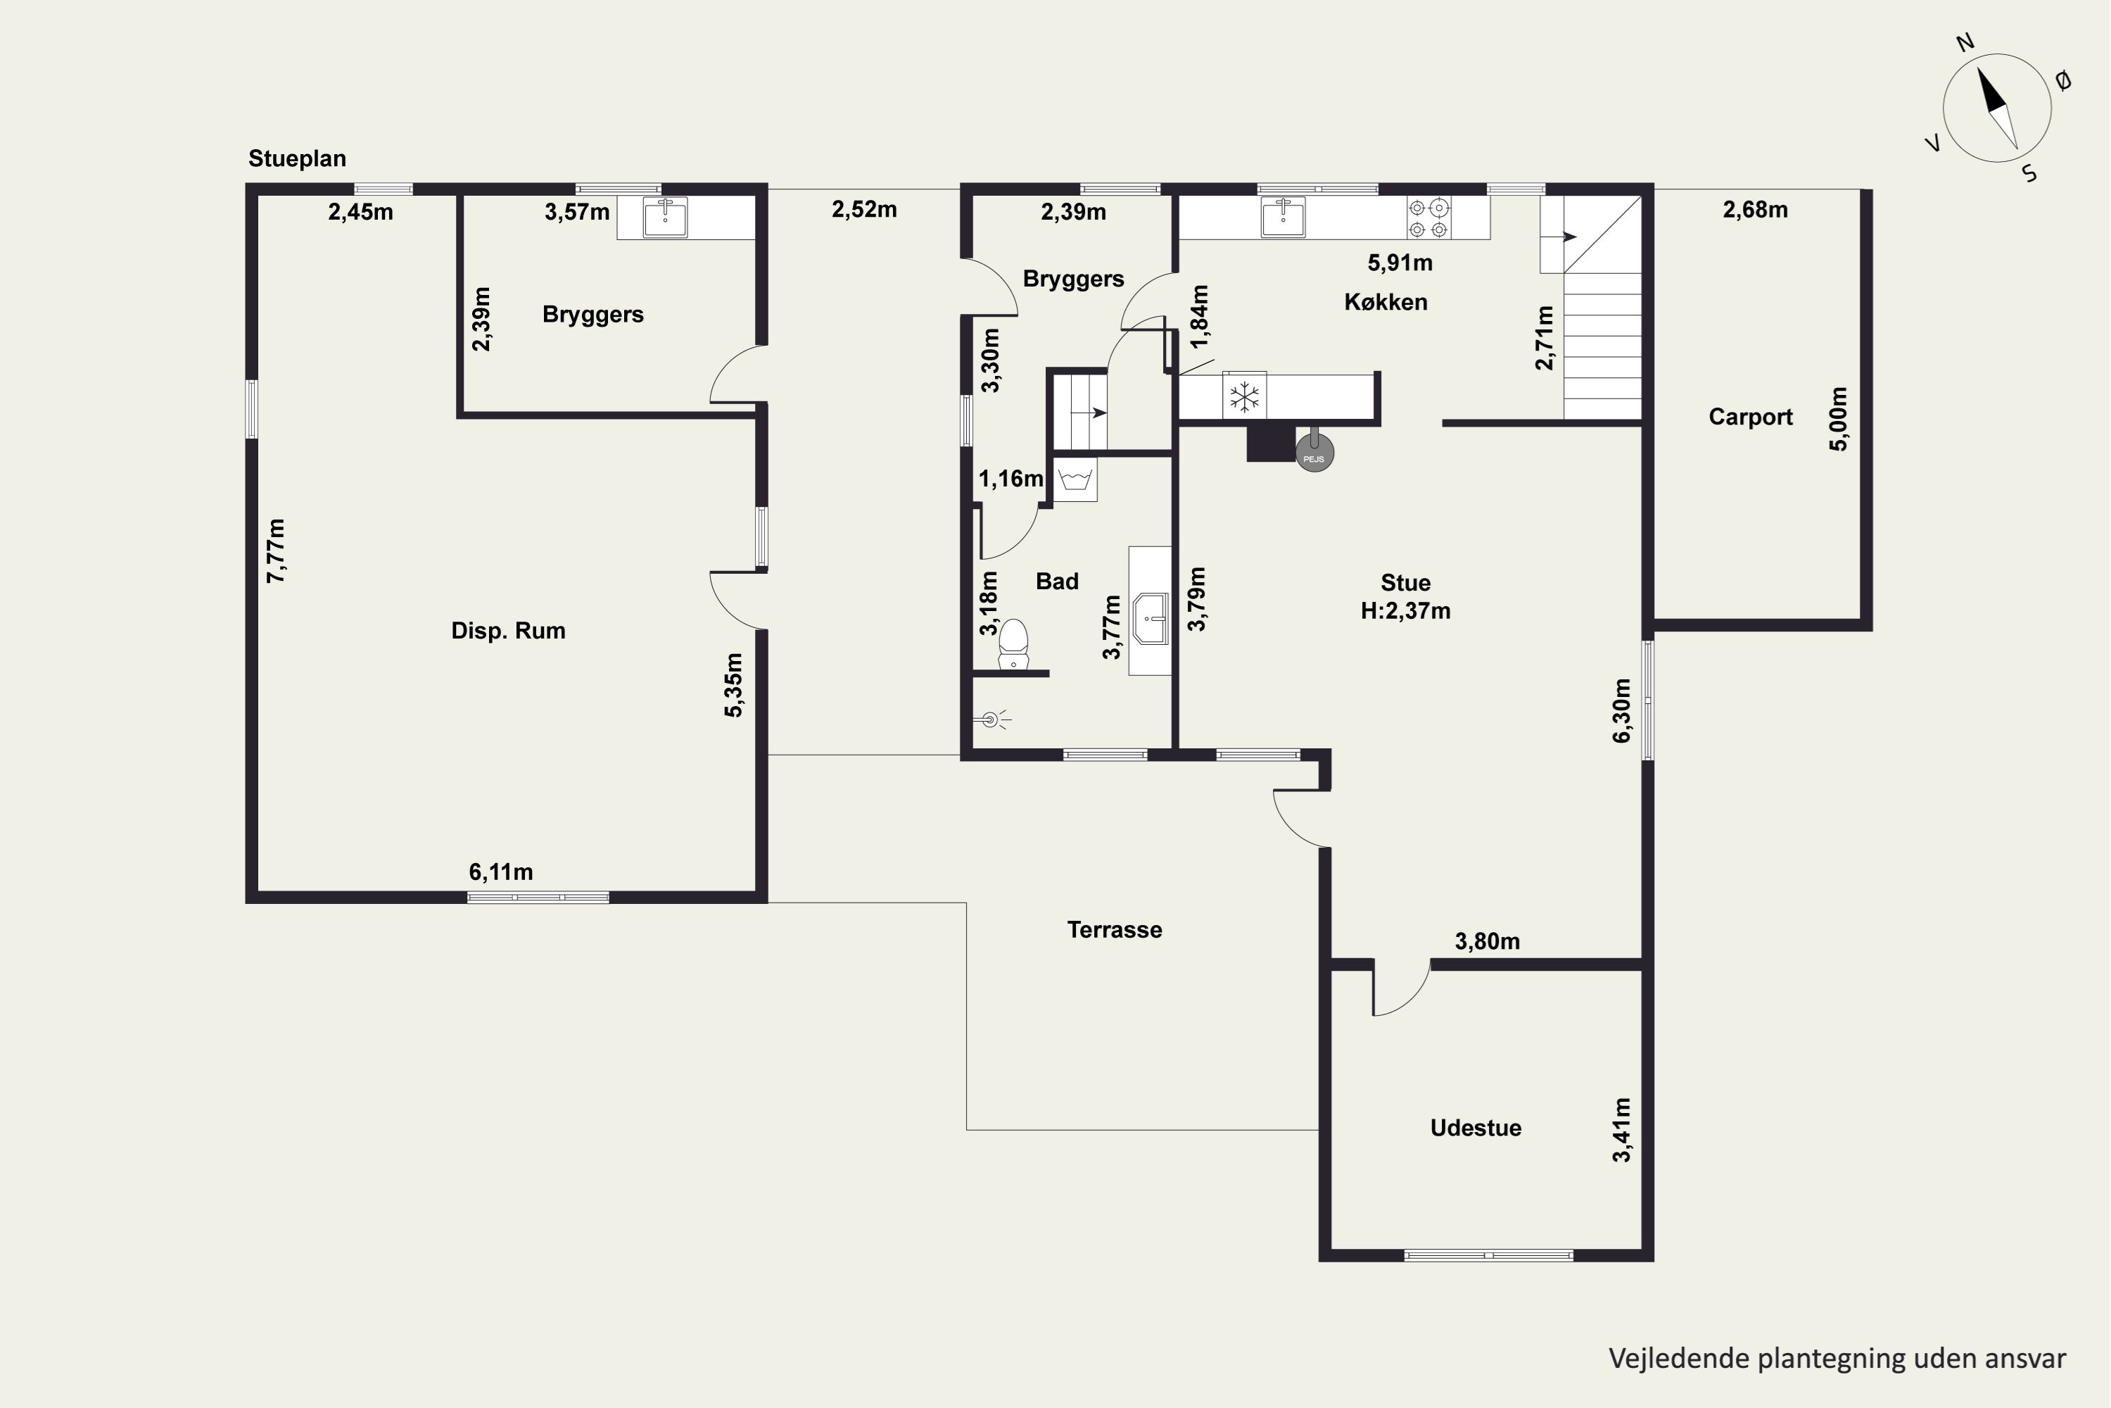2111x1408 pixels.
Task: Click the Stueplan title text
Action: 297,159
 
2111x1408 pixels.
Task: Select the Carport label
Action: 1750,417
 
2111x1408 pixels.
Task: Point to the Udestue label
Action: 1476,1128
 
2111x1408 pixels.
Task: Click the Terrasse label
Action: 1114,929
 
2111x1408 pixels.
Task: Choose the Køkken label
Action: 1385,302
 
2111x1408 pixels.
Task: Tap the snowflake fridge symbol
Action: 1244,396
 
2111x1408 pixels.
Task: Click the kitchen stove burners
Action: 1429,218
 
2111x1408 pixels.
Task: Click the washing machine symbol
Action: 1074,479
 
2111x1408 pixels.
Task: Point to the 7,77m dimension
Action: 276,551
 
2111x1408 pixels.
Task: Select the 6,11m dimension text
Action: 501,872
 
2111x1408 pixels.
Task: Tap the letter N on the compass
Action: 1965,42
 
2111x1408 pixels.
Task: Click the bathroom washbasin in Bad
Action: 1150,618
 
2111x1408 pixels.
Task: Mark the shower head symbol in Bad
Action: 991,719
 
